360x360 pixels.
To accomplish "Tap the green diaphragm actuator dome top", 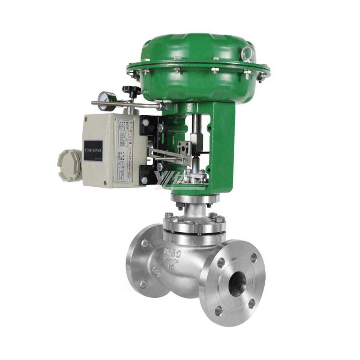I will click(x=202, y=45).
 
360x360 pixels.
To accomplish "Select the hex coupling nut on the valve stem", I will click(x=197, y=137).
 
